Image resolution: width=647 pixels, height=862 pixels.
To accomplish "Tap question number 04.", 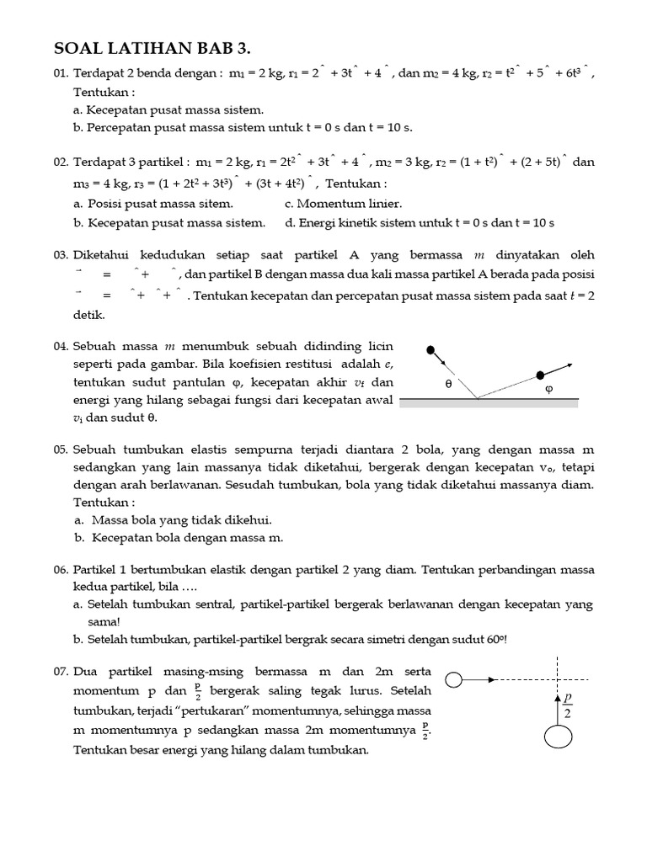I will point(61,346).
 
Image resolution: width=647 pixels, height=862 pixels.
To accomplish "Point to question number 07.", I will point(61,672).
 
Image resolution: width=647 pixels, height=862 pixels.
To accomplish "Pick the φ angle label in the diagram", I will point(549,390).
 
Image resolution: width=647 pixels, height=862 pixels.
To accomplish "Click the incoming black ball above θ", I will point(431,349).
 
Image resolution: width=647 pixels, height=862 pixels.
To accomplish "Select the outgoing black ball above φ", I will point(540,375).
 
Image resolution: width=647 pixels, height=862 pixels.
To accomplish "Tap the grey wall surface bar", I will point(489,403).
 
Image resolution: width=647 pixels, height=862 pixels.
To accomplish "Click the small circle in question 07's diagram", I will point(452,678).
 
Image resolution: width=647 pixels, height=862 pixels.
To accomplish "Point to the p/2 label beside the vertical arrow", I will point(568,705).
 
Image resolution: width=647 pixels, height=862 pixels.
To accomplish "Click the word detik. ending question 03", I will point(88,314).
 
